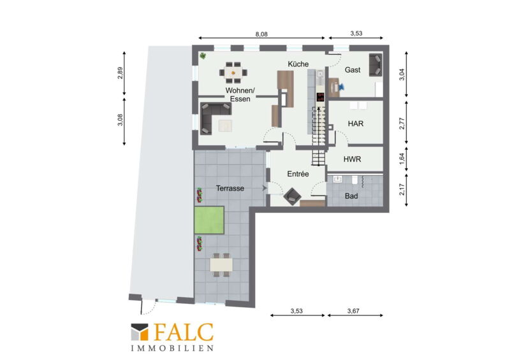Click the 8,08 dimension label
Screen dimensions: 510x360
261,34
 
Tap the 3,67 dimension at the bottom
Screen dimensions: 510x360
353,311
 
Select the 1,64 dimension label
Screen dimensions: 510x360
402,159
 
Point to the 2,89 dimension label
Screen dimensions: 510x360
120,73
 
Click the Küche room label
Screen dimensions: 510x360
298,64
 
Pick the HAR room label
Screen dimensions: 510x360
356,124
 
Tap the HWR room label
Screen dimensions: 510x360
353,159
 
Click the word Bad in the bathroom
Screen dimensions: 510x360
351,196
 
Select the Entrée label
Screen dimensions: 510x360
298,174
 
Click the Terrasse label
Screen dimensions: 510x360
230,189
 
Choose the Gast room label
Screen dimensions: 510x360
353,70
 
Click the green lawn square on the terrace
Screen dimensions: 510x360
209,220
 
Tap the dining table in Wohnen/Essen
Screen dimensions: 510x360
233,73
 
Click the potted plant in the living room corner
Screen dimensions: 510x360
203,56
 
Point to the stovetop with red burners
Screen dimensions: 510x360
321,97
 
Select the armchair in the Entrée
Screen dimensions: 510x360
292,196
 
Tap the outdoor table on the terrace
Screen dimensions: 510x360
221,264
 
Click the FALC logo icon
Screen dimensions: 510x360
140,332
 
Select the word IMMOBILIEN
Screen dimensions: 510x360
172,349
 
